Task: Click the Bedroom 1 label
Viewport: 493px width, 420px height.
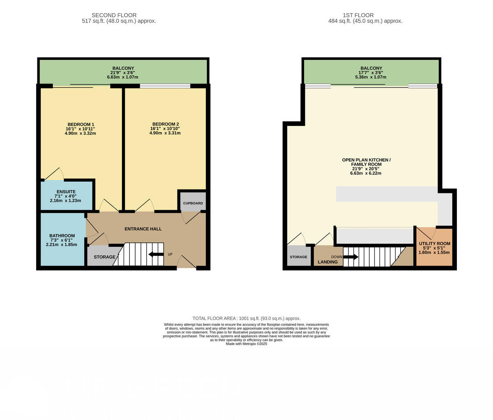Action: [x=81, y=124]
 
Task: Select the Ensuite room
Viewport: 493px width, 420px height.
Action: [x=66, y=196]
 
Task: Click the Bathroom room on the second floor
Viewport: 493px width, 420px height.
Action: [x=62, y=240]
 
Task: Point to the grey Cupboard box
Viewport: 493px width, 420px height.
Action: [x=193, y=203]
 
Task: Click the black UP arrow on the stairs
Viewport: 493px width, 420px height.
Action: [x=156, y=254]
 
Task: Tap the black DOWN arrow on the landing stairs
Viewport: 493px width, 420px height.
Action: [x=350, y=257]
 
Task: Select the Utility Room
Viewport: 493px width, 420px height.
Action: [x=434, y=247]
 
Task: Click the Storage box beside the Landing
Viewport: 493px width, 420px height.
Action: [x=298, y=256]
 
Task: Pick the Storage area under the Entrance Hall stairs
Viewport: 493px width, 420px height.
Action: [x=104, y=257]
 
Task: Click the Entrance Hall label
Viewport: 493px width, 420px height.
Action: [x=143, y=229]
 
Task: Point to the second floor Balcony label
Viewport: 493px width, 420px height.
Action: [x=123, y=68]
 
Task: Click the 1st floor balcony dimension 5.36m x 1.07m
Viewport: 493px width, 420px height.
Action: [x=371, y=77]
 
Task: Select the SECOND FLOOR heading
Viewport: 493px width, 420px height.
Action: [x=114, y=15]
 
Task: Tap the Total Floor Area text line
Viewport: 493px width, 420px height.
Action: [x=246, y=318]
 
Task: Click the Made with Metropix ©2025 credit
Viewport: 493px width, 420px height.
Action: [x=246, y=344]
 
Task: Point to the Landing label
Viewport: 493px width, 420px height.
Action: [x=327, y=262]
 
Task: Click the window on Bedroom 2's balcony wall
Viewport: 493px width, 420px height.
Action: [x=165, y=86]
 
